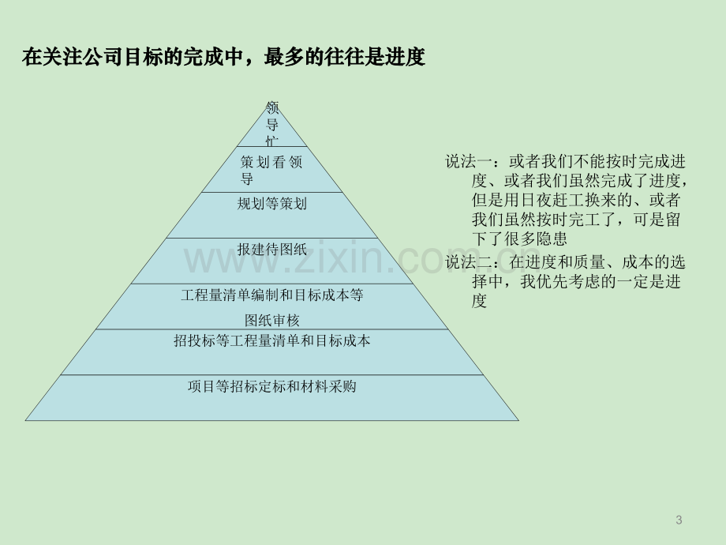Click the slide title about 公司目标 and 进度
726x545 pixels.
pos(223,57)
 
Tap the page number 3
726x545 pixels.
pos(679,520)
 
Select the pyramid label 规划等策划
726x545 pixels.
pos(271,204)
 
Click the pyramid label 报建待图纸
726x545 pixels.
pos(271,250)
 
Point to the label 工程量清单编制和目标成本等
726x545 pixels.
pos(271,295)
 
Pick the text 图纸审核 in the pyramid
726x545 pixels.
pos(271,320)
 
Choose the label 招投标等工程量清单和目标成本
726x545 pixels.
pos(271,340)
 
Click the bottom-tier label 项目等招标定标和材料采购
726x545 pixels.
pos(271,386)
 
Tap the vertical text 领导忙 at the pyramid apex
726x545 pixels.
pos(271,124)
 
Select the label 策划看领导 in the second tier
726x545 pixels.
pos(271,170)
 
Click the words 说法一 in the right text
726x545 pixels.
pos(469,161)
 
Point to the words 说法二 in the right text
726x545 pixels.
pos(469,262)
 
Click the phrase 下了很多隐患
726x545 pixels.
pos(519,239)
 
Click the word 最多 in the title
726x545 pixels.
pos(284,57)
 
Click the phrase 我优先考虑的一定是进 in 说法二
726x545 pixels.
pos(601,281)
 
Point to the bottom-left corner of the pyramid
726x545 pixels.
pos(25,420)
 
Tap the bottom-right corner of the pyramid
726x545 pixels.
pos(518,420)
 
